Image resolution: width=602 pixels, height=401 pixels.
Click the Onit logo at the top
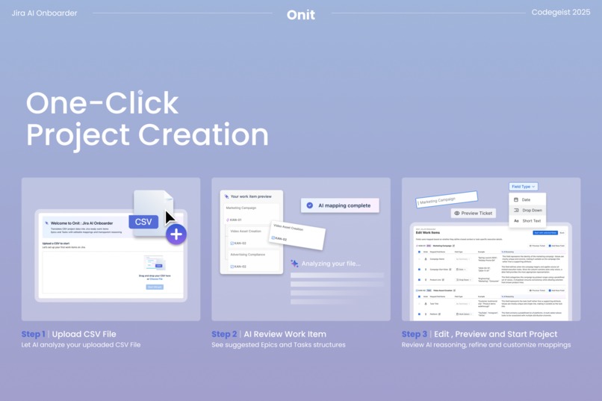[x=300, y=14]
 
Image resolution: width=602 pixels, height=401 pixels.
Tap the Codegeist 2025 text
[x=560, y=13]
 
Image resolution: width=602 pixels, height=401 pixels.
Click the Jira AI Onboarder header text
[x=44, y=13]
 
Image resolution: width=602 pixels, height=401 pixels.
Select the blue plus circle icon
[x=176, y=234]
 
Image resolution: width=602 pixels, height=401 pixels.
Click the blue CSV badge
[x=143, y=221]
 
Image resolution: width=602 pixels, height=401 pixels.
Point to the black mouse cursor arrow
[x=170, y=217]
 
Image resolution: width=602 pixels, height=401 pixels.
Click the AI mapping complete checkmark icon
[x=310, y=205]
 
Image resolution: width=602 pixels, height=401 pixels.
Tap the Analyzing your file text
[x=330, y=264]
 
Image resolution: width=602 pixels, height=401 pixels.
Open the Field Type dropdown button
[x=523, y=187]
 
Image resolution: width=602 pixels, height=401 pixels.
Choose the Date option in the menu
[x=527, y=199]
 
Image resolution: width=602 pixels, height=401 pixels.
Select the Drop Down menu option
[x=532, y=211]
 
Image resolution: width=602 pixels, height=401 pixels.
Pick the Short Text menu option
[x=531, y=221]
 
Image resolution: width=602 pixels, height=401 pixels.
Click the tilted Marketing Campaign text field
[x=447, y=199]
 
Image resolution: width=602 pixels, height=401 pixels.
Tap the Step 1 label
[x=33, y=334]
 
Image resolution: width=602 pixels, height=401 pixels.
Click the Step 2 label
[x=224, y=334]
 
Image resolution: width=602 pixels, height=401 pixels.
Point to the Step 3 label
[x=415, y=334]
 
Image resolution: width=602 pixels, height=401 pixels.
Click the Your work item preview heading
[x=252, y=196]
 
